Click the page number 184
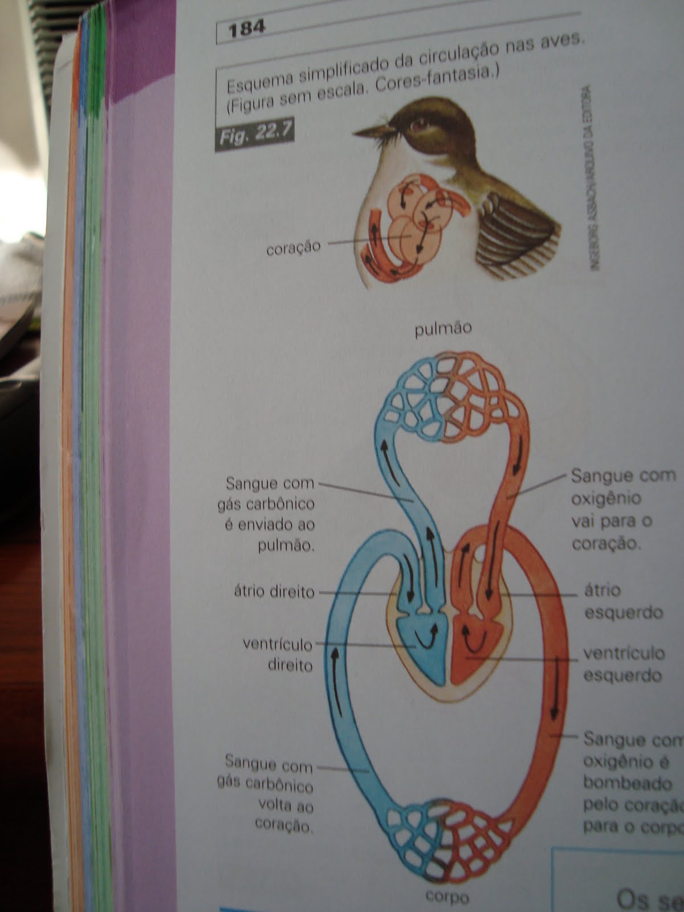point(246,28)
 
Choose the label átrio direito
point(274,592)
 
